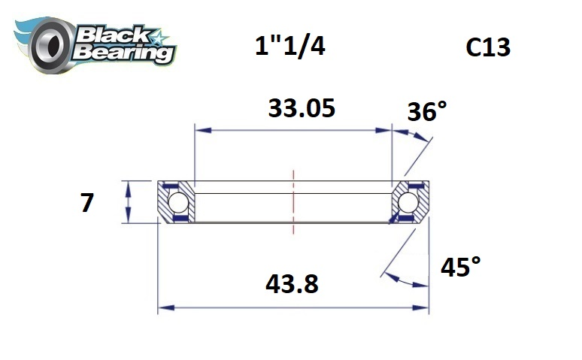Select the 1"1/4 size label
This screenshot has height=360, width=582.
coord(290,47)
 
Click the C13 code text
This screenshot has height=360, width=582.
coord(488,47)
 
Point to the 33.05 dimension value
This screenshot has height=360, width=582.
coord(301,108)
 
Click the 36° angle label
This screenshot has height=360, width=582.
coord(426,112)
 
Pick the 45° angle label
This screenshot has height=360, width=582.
coord(460,267)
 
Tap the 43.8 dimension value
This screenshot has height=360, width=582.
coord(292,284)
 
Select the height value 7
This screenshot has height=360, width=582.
coord(87,203)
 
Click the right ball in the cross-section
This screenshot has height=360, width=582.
coord(409,202)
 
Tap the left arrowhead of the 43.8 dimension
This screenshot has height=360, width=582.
coord(163,307)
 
